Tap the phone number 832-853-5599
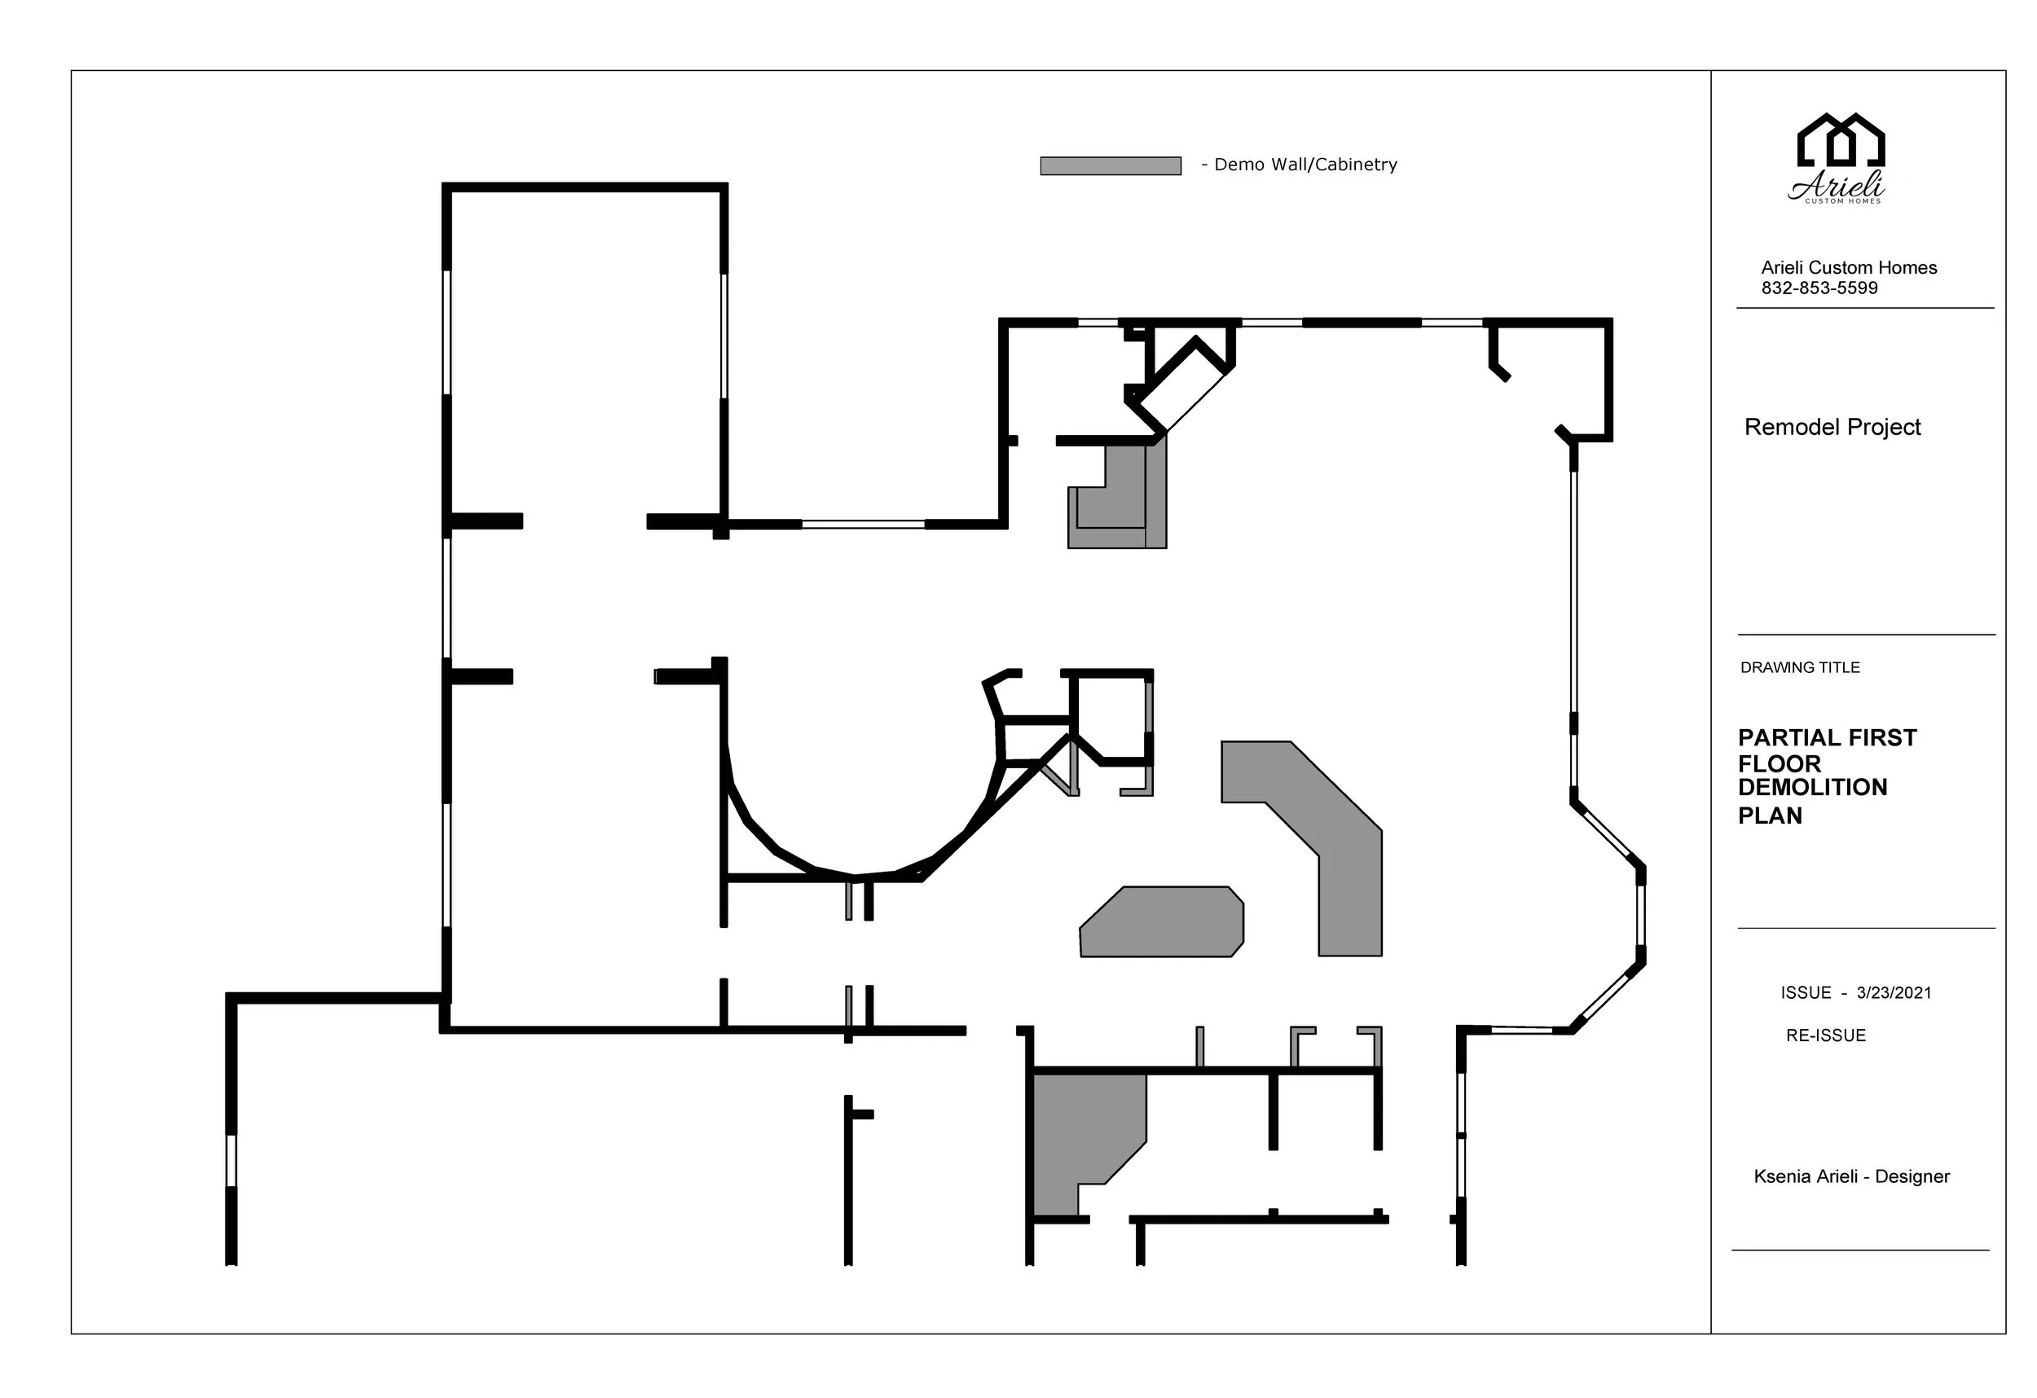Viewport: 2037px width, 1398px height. [1819, 288]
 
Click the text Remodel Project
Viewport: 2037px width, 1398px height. [1832, 427]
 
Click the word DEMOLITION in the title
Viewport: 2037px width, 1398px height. [1812, 787]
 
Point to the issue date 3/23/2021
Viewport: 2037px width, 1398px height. [1894, 992]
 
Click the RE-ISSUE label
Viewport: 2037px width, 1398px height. [1825, 1035]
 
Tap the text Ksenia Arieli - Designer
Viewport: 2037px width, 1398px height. [1851, 1176]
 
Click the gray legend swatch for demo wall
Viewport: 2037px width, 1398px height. [1110, 165]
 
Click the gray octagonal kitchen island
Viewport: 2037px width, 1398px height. [1161, 922]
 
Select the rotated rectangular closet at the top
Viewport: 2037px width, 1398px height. [1182, 386]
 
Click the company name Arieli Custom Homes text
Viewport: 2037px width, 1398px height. [1849, 267]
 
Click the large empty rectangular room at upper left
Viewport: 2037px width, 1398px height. [585, 350]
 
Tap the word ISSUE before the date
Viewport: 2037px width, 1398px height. [1806, 992]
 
